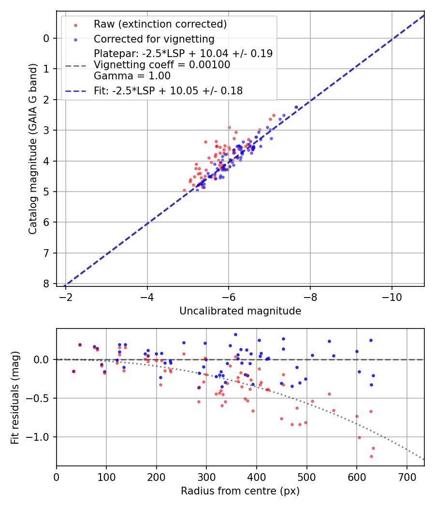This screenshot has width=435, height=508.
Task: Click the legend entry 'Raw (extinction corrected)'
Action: (160, 24)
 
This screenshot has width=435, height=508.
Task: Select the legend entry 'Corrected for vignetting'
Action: (154, 39)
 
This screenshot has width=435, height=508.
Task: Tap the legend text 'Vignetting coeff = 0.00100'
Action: (162, 64)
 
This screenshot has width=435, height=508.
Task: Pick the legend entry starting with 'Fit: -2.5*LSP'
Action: (168, 90)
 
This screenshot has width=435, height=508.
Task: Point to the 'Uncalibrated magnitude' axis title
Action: (240, 311)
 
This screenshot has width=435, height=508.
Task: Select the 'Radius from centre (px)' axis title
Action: (240, 491)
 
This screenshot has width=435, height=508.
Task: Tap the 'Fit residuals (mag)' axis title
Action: (15, 398)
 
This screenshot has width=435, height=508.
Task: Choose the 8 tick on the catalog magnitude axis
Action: (46, 284)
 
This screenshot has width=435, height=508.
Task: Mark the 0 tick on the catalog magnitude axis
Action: (46, 38)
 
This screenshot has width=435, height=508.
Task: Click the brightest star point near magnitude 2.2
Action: (296, 107)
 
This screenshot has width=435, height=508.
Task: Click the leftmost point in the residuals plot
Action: (73, 371)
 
